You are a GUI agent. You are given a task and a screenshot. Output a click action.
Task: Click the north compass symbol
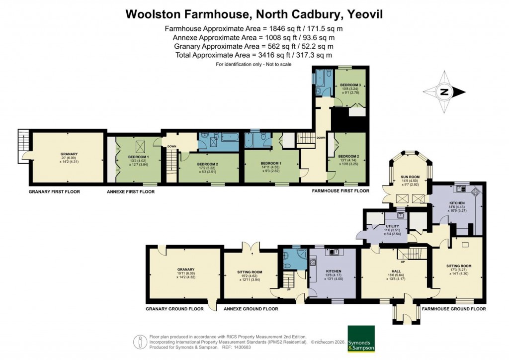click(443, 91)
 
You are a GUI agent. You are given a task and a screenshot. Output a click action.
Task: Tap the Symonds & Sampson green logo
click(361, 339)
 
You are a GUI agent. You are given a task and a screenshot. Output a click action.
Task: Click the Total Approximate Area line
click(254, 55)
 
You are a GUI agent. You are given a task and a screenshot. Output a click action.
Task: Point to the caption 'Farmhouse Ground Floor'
click(453, 309)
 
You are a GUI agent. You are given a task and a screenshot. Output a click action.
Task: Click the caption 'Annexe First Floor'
click(131, 191)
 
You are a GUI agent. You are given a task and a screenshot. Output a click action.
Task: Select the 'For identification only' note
click(254, 64)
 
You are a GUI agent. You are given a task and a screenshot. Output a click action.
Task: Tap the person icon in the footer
click(141, 342)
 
